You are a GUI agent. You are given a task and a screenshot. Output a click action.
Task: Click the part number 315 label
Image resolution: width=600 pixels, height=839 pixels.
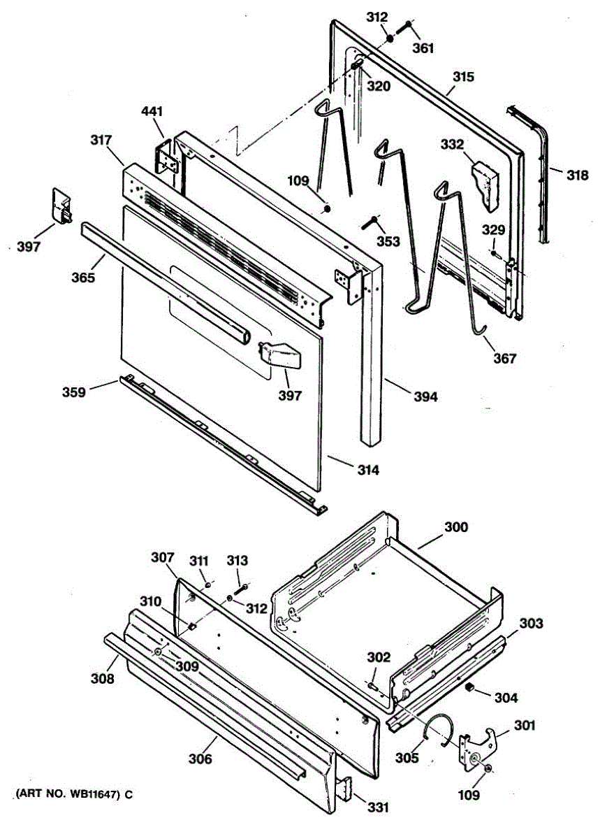(463, 78)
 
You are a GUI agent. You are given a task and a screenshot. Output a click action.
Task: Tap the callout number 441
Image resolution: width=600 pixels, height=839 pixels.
(152, 112)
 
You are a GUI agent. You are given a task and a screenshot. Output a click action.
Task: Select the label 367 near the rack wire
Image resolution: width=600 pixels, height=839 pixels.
(504, 359)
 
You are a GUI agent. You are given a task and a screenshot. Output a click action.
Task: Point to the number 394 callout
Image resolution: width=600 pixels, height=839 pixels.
(425, 397)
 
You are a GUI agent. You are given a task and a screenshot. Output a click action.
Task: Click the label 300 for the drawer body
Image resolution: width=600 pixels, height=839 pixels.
(456, 527)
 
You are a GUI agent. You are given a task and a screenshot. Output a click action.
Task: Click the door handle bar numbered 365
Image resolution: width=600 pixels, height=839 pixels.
(161, 280)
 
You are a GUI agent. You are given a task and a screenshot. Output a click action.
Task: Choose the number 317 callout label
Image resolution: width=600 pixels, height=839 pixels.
(101, 141)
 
